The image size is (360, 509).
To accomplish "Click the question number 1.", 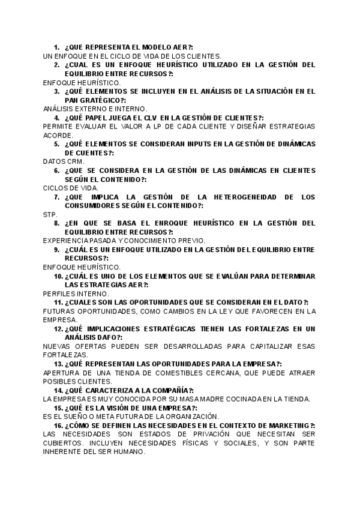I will pos(56,47).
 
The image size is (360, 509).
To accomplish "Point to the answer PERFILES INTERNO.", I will pos(77,294).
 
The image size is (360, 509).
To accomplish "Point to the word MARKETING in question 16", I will pos(287,426).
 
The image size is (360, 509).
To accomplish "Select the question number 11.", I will pos(58,302).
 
